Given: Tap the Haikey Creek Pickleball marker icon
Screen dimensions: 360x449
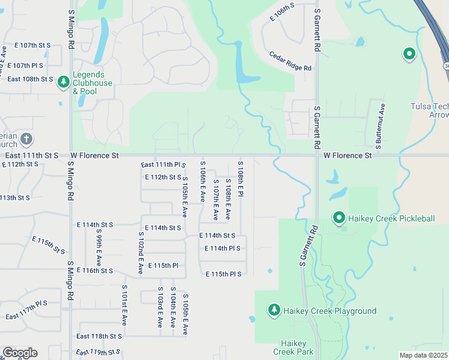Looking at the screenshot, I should (339, 218).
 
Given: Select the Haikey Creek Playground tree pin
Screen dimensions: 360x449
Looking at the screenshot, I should (274, 310).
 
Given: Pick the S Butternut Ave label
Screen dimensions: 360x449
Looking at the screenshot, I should (379, 125).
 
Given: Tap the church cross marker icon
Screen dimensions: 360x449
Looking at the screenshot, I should (26, 139).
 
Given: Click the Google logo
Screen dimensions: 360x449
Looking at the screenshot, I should (20, 353).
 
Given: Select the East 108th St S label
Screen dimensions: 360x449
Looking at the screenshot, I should (30, 79).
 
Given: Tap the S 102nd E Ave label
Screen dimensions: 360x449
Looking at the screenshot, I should (140, 253).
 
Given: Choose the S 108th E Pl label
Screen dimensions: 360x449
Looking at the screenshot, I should (240, 179).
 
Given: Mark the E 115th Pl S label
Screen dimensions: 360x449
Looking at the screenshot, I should (223, 274).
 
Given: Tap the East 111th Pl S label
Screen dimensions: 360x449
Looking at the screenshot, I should (163, 165).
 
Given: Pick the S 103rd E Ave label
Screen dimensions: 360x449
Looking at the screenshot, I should (160, 310).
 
